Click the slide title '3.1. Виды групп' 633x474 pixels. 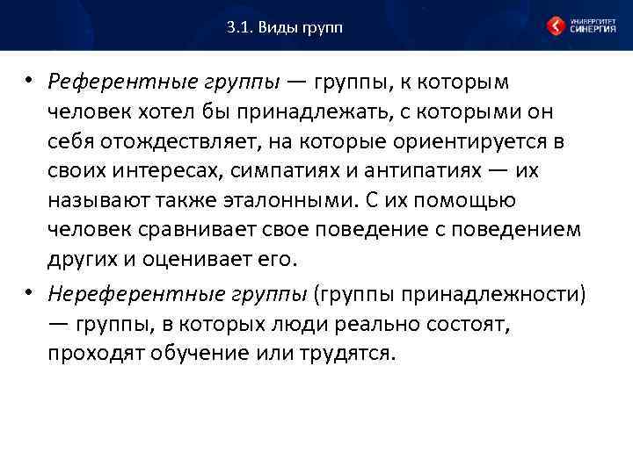coord(283,27)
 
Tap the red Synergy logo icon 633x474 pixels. coord(556,26)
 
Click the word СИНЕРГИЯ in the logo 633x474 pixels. coord(593,30)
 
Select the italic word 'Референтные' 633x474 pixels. coord(105,82)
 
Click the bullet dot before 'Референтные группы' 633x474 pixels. coord(29,82)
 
